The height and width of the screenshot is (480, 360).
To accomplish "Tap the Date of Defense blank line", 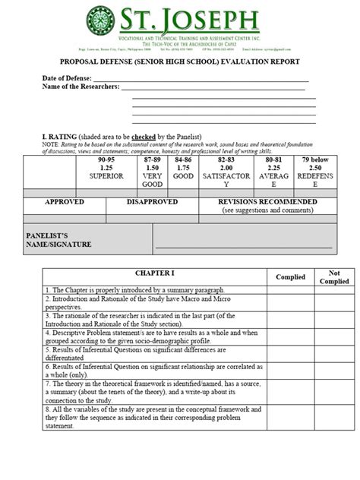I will (x=201, y=78).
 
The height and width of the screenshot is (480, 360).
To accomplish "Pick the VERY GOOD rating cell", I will (x=153, y=172).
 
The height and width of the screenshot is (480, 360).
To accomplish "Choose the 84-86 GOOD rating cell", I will (x=183, y=172).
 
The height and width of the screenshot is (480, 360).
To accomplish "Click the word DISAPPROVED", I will (x=152, y=202).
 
